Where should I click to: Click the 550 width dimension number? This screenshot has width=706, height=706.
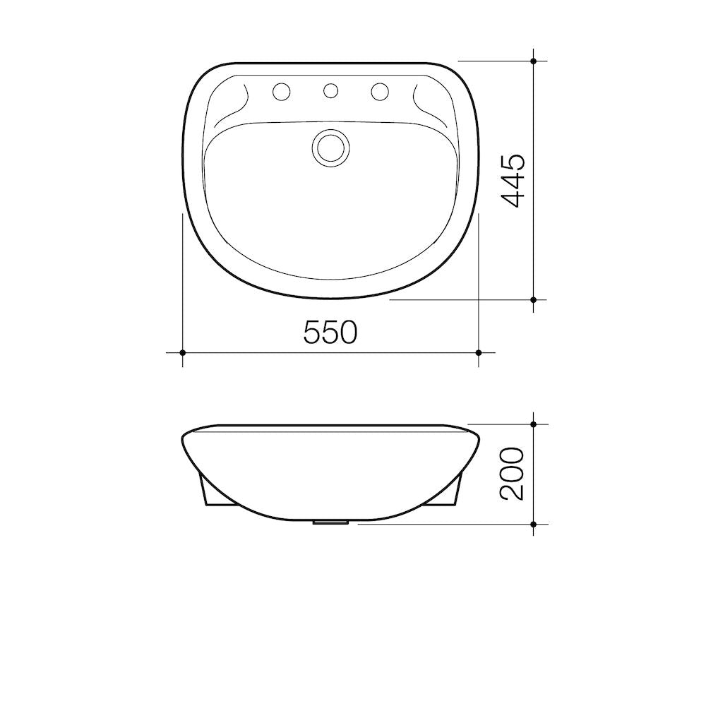click(330, 332)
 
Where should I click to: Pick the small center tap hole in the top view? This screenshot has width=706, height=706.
click(330, 90)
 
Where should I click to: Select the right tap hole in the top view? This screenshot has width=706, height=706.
click(380, 91)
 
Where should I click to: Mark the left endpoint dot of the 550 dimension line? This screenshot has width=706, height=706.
click(183, 352)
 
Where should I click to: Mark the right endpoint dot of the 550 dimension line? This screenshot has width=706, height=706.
click(479, 352)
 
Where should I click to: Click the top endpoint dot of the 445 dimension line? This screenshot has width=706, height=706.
click(534, 61)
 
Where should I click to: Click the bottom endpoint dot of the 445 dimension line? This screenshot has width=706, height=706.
click(534, 299)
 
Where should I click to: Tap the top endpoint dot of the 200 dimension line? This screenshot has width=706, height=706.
click(534, 424)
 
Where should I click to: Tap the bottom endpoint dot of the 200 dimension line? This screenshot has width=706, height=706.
click(534, 524)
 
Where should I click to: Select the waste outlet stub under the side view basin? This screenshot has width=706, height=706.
click(330, 523)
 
